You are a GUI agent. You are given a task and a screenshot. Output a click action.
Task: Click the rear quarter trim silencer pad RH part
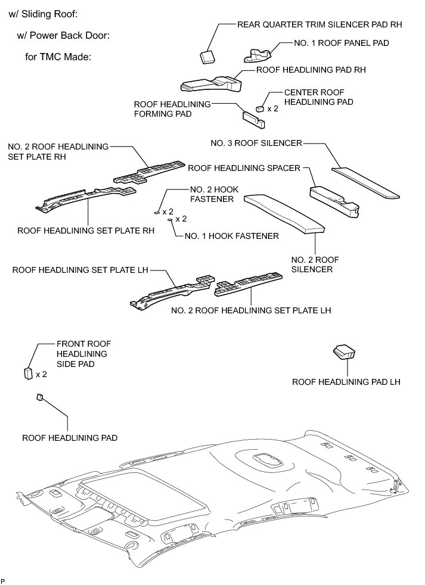point(207,56)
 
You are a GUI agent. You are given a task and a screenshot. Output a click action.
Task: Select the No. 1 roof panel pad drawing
point(260,55)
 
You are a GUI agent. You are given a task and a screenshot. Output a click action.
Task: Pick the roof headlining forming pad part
point(253,117)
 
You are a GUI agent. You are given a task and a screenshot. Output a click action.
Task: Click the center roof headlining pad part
point(260,108)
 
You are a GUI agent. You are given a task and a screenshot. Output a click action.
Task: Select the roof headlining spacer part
point(334,201)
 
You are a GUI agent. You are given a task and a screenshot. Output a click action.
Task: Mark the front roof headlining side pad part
point(27,374)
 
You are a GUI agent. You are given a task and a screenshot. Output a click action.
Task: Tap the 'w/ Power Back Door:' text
point(63,36)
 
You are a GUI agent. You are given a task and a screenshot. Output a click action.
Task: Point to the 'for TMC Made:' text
point(58,58)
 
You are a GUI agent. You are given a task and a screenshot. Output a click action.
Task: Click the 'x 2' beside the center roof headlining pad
point(272,109)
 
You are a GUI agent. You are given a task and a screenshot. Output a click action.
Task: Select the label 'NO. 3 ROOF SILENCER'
point(257,143)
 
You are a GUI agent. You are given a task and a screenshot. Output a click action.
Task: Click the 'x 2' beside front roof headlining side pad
point(41,374)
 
